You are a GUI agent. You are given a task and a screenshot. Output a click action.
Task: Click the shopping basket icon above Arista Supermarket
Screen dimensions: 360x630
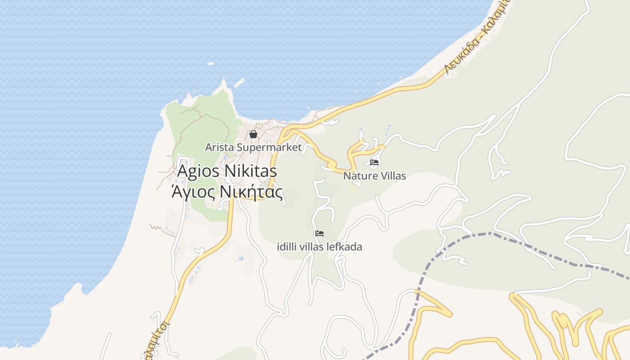pos(253,134)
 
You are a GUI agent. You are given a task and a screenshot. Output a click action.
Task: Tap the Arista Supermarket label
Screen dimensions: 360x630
pos(253,147)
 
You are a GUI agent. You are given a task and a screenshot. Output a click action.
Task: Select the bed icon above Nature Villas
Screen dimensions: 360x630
pos(374,162)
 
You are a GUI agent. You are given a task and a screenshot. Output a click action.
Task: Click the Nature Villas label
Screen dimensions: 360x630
pos(374,176)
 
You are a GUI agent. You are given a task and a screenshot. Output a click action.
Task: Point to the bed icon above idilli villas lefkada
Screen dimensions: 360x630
pos(319,233)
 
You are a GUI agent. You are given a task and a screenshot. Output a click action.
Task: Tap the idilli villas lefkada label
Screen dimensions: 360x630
pos(319,247)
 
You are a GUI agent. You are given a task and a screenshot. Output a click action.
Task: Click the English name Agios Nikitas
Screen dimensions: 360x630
pos(227,171)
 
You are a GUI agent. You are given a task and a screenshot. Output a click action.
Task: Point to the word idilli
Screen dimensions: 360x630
pos(286,247)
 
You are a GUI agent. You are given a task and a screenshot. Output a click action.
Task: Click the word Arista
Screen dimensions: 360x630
pos(219,147)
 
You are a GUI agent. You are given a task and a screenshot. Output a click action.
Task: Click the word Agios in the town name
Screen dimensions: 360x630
pos(198,171)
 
